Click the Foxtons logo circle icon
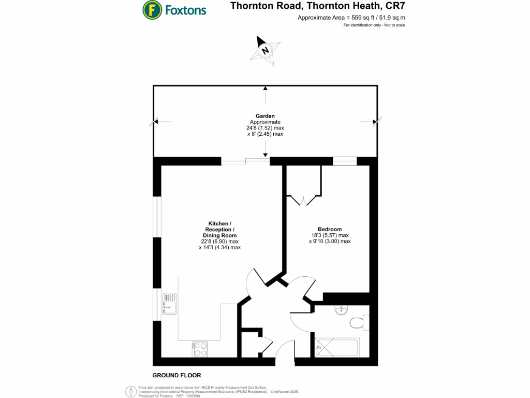click(x=151, y=9)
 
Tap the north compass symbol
click(x=266, y=50)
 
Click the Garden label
click(x=266, y=116)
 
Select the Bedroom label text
click(x=330, y=229)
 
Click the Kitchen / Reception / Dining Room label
click(x=219, y=230)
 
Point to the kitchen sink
click(x=169, y=304)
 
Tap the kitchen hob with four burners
click(x=199, y=349)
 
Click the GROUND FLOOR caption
click(x=176, y=375)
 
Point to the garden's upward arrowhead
click(x=266, y=88)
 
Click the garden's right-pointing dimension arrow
click(x=375, y=122)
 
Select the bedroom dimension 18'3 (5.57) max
click(x=330, y=235)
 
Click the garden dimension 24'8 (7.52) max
click(x=266, y=128)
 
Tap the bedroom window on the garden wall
click(x=345, y=161)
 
